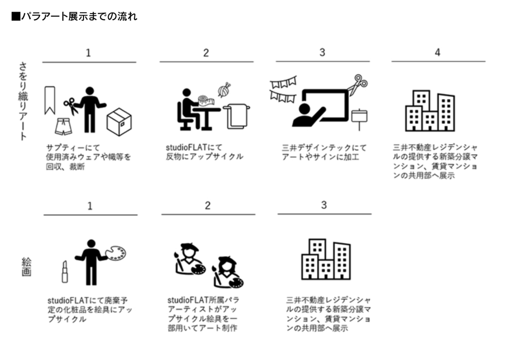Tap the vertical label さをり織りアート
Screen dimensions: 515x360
point(23,101)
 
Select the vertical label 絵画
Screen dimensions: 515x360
point(26,267)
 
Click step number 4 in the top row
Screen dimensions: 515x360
point(438,52)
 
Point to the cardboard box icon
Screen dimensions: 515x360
point(119,122)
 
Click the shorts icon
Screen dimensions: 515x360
point(63,127)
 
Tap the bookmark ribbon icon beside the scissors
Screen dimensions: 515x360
point(50,101)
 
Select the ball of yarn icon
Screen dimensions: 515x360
point(224,91)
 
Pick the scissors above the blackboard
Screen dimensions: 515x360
point(358,84)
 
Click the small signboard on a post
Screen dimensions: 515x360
point(359,119)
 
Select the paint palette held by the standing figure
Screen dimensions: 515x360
point(115,253)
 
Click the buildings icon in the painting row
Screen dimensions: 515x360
point(326,259)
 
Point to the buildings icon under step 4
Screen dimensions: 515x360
point(430,111)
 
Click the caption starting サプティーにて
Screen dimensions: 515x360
point(89,157)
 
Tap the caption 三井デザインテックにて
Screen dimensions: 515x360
point(324,152)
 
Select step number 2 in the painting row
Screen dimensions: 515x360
point(208,206)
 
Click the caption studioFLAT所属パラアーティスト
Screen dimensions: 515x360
point(204,314)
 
